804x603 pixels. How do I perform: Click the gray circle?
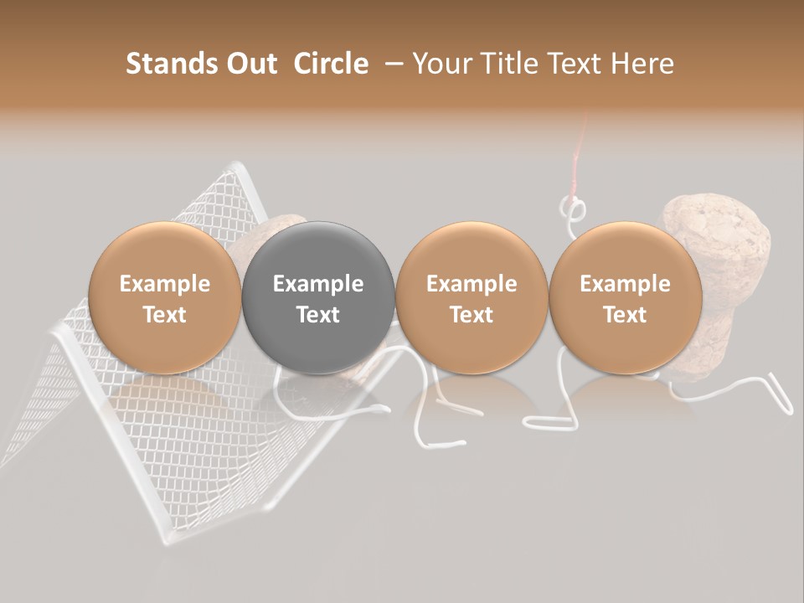(318, 297)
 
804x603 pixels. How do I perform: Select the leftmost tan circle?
(164, 297)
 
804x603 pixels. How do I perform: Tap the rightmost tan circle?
(625, 297)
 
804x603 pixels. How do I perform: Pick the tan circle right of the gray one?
(472, 297)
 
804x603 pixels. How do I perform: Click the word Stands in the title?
(171, 64)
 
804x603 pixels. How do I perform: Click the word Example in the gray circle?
(318, 284)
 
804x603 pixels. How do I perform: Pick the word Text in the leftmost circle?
(164, 315)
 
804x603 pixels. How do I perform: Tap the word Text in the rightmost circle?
(625, 315)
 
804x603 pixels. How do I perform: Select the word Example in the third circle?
(472, 284)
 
